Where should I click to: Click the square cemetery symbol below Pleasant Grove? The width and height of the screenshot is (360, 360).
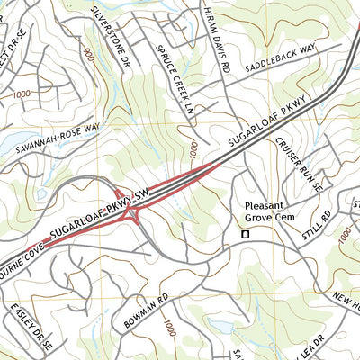[243, 235]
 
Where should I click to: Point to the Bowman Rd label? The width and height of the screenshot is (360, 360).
[142, 309]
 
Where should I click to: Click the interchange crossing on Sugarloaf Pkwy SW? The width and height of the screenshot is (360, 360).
[132, 212]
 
